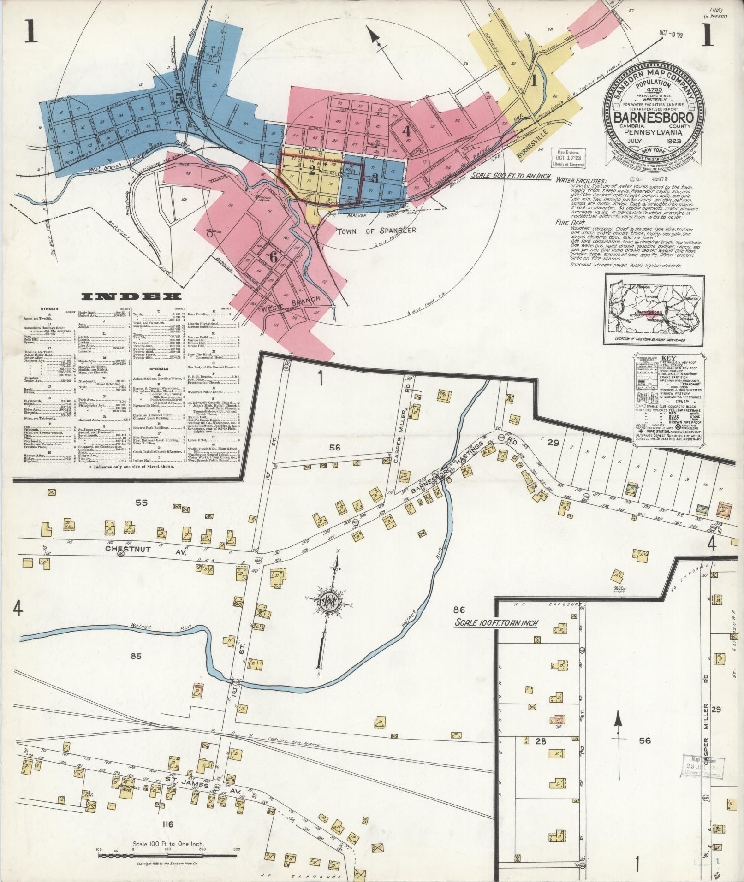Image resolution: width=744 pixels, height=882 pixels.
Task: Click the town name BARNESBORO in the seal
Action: (654, 117)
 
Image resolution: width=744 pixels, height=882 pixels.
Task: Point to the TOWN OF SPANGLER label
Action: (376, 231)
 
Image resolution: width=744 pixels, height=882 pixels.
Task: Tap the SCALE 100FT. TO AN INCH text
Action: (496, 623)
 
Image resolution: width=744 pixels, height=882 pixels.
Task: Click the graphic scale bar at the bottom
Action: (168, 855)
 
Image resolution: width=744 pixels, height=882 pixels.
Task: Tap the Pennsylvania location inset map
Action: (654, 309)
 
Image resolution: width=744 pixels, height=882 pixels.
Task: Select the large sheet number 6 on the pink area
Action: (273, 258)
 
